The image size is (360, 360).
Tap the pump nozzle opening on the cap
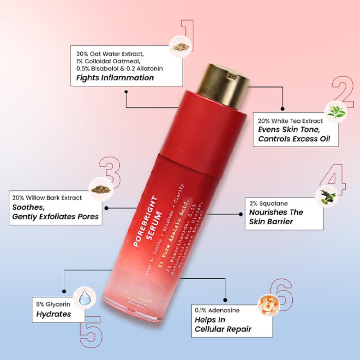[x=233, y=76]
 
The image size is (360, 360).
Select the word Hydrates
[x=53, y=314]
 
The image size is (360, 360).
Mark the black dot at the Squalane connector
[x=241, y=214]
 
